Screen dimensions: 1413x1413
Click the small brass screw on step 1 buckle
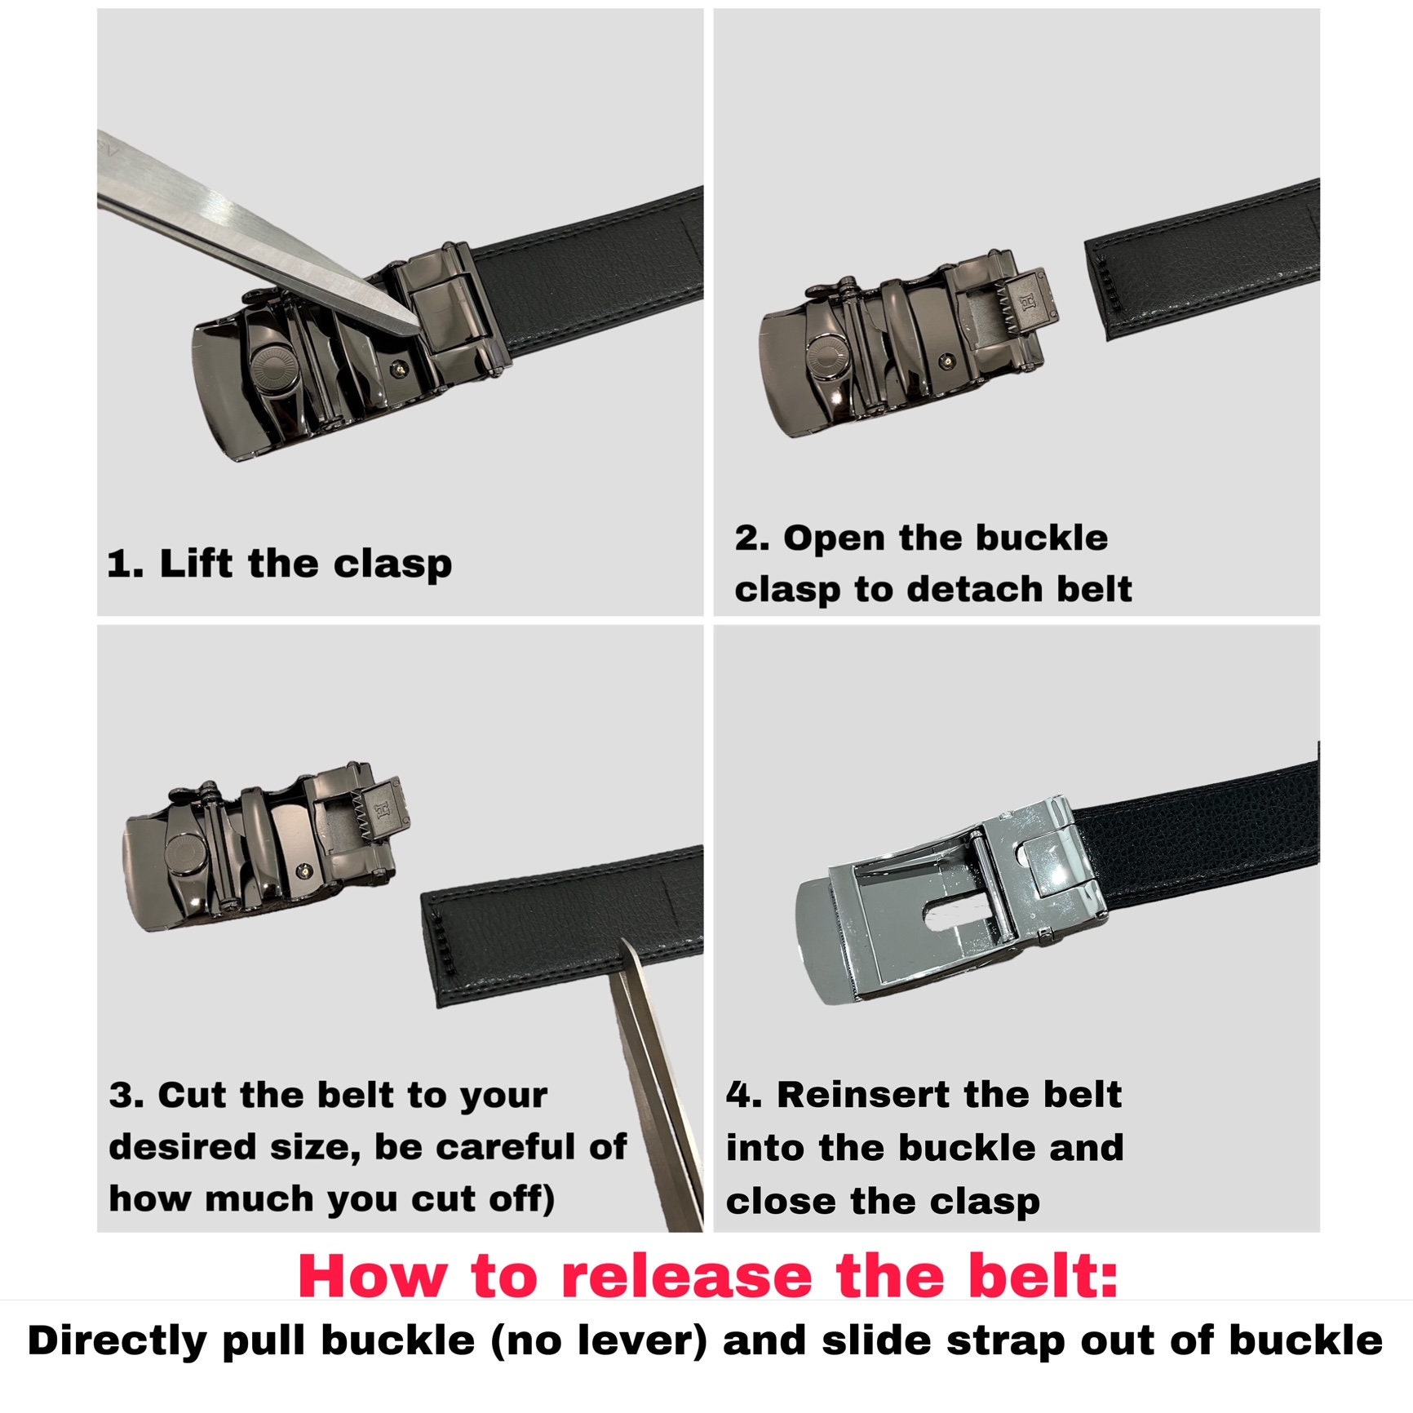tap(399, 370)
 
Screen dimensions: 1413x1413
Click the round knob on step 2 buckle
tap(831, 357)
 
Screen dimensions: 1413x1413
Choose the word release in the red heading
tap(685, 1277)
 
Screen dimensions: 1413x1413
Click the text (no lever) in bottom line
tap(599, 1342)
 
